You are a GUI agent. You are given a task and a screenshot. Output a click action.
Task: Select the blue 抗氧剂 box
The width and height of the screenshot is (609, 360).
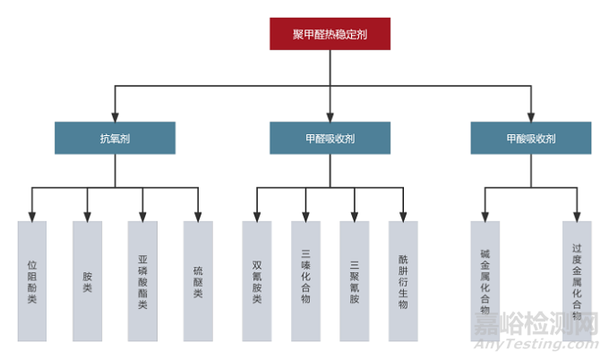(x=115, y=139)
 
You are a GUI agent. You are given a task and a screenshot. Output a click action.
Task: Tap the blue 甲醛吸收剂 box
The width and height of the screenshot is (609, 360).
(x=330, y=139)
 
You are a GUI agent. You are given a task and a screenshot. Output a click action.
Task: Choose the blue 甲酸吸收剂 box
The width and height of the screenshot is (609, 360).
(x=531, y=139)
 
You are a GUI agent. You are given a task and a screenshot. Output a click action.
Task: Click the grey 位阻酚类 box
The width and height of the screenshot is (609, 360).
(x=32, y=280)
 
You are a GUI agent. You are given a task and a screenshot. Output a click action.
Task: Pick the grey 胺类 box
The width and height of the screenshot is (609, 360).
(x=87, y=280)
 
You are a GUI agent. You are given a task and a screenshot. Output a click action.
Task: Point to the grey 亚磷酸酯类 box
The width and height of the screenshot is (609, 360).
(x=142, y=280)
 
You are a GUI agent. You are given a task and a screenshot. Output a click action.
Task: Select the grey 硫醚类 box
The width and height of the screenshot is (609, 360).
(x=198, y=280)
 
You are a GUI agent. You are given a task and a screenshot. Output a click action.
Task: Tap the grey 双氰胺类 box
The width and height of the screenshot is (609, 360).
(x=257, y=280)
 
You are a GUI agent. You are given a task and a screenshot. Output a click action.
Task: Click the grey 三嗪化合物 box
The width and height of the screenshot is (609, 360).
(x=305, y=280)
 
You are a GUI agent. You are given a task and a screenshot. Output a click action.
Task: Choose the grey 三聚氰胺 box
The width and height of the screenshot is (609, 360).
(x=354, y=280)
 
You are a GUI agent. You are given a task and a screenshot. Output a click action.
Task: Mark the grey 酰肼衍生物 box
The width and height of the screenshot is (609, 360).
(x=403, y=280)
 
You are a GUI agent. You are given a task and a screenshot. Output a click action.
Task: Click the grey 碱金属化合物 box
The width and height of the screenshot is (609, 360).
(x=485, y=280)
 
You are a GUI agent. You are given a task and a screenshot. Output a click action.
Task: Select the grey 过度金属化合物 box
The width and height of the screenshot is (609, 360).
(x=577, y=280)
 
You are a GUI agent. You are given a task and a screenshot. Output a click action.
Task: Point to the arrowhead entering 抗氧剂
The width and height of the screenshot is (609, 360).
(x=115, y=116)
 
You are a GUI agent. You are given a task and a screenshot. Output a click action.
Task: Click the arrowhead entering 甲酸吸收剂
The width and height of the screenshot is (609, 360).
(x=531, y=116)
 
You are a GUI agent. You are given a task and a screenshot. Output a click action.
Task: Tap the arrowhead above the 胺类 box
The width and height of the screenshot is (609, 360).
(x=87, y=216)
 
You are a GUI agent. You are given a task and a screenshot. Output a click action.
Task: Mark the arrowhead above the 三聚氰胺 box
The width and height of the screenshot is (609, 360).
(x=354, y=216)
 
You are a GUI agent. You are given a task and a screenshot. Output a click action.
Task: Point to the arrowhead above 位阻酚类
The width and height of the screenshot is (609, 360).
(x=32, y=216)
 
